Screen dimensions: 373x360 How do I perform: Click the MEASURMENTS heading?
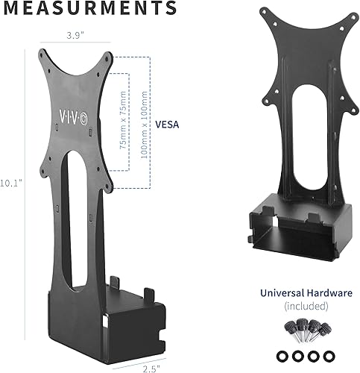coord(89,8)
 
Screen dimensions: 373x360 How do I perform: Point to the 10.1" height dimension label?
coord(10,182)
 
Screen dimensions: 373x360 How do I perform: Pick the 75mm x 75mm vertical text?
coord(122,124)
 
